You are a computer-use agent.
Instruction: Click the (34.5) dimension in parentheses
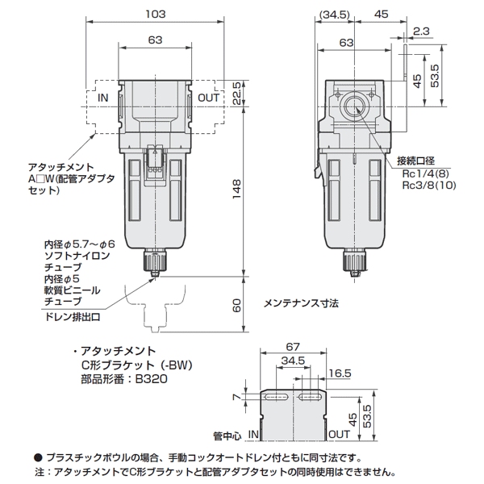point(333,14)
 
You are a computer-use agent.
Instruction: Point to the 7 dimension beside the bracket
point(234,396)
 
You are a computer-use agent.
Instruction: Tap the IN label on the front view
point(102,98)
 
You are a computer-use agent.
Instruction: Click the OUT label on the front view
point(209,98)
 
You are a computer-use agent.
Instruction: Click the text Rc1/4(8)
point(428,172)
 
